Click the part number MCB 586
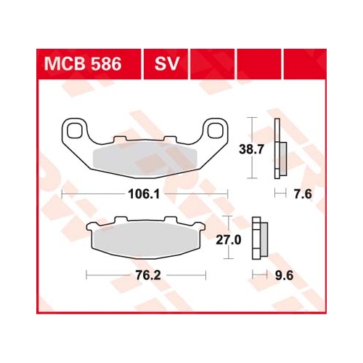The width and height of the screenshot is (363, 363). coord(83,64)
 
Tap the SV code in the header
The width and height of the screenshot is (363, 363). coord(167,64)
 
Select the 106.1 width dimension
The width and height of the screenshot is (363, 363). coord(144,194)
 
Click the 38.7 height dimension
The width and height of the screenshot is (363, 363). coord(251,149)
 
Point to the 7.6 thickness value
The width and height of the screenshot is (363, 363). coord(303,194)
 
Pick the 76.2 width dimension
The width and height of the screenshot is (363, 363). coord(148,276)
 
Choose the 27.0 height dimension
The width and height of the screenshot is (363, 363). coord(229,240)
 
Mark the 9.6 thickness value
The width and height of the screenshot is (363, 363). coord(285,276)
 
